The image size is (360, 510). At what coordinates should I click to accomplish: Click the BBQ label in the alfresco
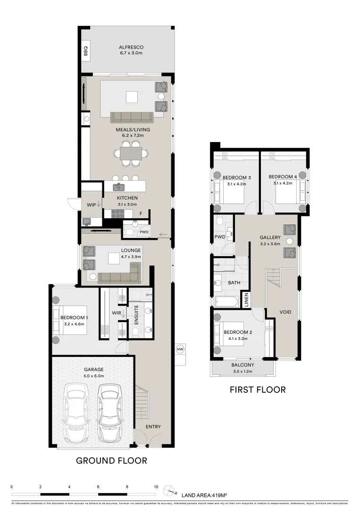(x=86, y=51)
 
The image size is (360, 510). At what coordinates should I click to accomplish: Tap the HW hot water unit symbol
(x=180, y=349)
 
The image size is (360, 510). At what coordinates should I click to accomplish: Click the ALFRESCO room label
(x=131, y=47)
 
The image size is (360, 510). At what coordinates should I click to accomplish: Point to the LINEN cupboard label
(x=245, y=300)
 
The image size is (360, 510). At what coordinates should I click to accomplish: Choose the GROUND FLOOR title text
(x=112, y=460)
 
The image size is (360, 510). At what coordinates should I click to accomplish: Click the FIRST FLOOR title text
(x=258, y=390)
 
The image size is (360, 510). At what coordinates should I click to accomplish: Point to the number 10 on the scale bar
(x=156, y=486)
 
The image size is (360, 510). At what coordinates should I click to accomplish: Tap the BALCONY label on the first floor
(x=243, y=365)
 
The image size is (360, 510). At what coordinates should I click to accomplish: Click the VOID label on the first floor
(x=285, y=312)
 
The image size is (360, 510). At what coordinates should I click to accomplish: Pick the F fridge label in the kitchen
(x=141, y=213)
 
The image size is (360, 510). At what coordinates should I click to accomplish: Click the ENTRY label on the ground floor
(x=153, y=426)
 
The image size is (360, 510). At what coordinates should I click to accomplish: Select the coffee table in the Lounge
(x=113, y=258)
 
